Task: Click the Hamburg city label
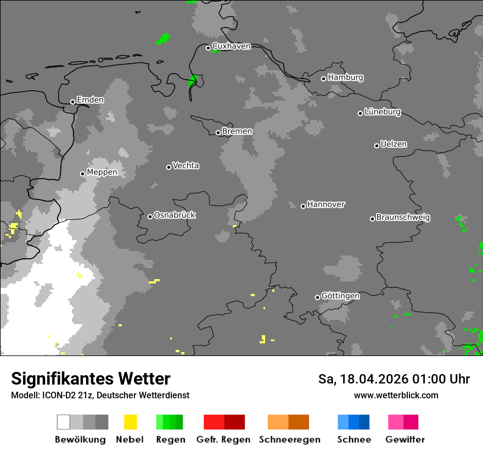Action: [x=345, y=77]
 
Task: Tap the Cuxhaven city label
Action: [x=231, y=46]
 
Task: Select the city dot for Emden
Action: [x=72, y=102]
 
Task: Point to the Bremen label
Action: [x=237, y=131]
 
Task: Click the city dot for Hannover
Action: [x=303, y=206]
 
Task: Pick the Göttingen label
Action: [x=340, y=296]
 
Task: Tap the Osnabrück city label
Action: [x=175, y=215]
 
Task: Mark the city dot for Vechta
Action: [x=169, y=167]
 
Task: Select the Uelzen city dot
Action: [x=377, y=146]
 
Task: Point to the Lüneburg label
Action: [x=382, y=112]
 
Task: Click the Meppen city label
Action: [x=102, y=172]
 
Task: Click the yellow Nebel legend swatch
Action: [x=130, y=422]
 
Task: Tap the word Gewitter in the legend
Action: [x=405, y=440]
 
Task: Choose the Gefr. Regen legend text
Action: [x=223, y=440]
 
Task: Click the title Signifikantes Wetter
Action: [x=91, y=379]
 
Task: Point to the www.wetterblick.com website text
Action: [x=396, y=395]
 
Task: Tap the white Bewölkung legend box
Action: [x=63, y=422]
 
